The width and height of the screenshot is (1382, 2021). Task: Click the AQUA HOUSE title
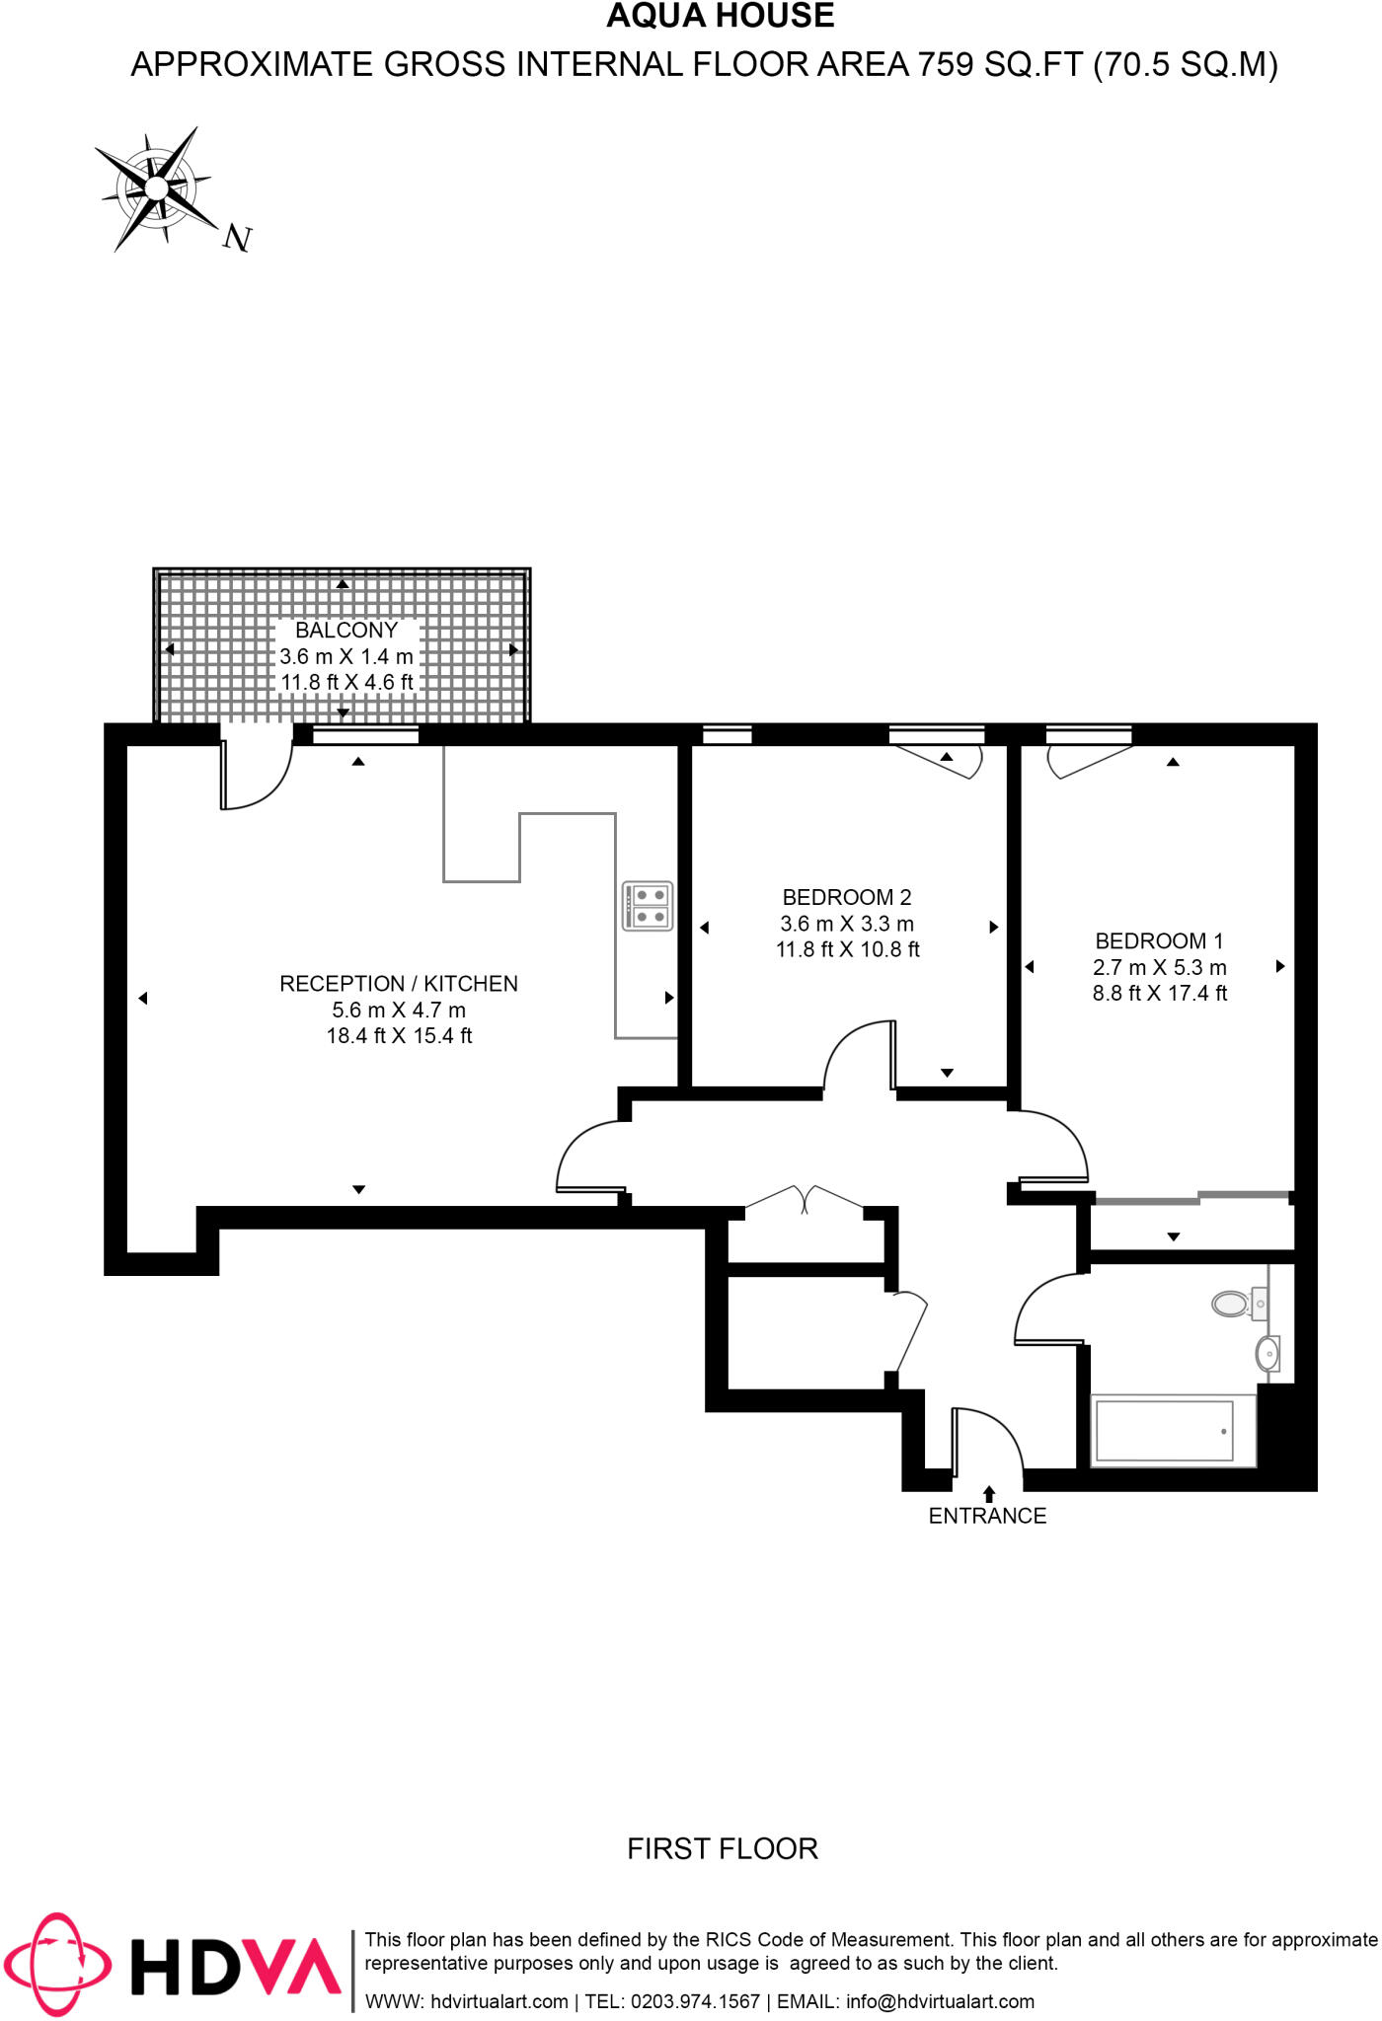[720, 17]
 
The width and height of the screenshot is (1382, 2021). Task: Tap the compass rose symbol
[157, 187]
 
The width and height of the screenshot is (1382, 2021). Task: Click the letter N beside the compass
[237, 238]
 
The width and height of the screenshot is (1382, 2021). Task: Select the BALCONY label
[345, 631]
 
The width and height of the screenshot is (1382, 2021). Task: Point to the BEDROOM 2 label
[846, 897]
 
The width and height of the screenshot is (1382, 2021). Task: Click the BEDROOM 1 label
[1159, 940]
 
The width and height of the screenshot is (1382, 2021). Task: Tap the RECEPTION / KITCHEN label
[399, 984]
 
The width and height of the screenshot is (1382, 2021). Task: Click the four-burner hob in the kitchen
[648, 906]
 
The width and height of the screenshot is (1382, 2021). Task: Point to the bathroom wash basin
[1268, 1354]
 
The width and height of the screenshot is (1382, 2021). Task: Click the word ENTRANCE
[987, 1517]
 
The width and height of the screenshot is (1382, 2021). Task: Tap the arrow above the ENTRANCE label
[989, 1494]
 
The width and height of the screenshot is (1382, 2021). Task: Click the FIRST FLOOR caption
[723, 1849]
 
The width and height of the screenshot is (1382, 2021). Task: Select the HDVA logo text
[237, 1966]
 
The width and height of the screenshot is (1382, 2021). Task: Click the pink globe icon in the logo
[56, 1964]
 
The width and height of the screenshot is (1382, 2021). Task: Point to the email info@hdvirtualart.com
[940, 2002]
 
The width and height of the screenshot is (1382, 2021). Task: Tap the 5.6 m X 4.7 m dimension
[399, 1010]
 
